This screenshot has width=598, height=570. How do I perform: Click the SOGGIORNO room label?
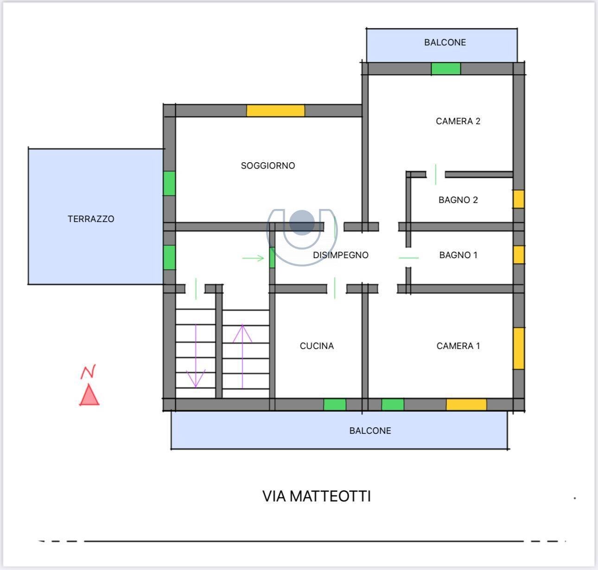coord(267,165)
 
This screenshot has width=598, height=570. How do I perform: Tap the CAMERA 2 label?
coord(458,121)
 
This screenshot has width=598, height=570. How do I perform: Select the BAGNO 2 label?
coord(458,200)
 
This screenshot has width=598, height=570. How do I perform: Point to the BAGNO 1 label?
coord(458,255)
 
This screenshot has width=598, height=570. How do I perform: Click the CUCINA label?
coord(317,346)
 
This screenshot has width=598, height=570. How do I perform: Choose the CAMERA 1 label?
coord(458,346)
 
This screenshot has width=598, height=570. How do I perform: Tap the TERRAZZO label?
coord(91,219)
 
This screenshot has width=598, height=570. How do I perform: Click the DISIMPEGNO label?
coord(341,255)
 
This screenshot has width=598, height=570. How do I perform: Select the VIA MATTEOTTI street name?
coord(316,496)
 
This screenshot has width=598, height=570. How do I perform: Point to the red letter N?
coord(88,372)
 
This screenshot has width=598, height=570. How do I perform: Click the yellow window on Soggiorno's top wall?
coord(275,111)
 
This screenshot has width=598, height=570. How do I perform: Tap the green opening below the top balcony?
coord(445,69)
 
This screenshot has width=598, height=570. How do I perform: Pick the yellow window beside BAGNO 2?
coord(519,199)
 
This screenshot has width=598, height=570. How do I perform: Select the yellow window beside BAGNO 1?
coord(519,254)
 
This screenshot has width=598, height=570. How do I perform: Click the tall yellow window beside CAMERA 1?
coord(519,348)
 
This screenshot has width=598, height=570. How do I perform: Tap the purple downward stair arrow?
coord(196,356)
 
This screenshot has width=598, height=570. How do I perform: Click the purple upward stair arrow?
coord(242,356)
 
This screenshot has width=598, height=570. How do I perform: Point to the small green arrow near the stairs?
coord(253,258)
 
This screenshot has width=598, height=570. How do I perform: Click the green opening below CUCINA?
coord(335,405)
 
